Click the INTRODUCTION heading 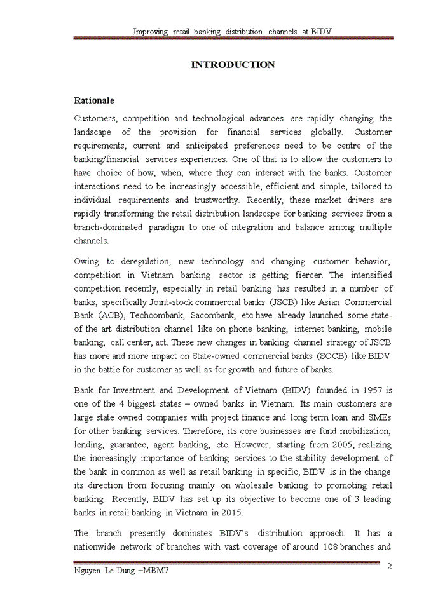click(233, 65)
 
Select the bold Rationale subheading click(94, 100)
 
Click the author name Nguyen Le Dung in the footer click(105, 571)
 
